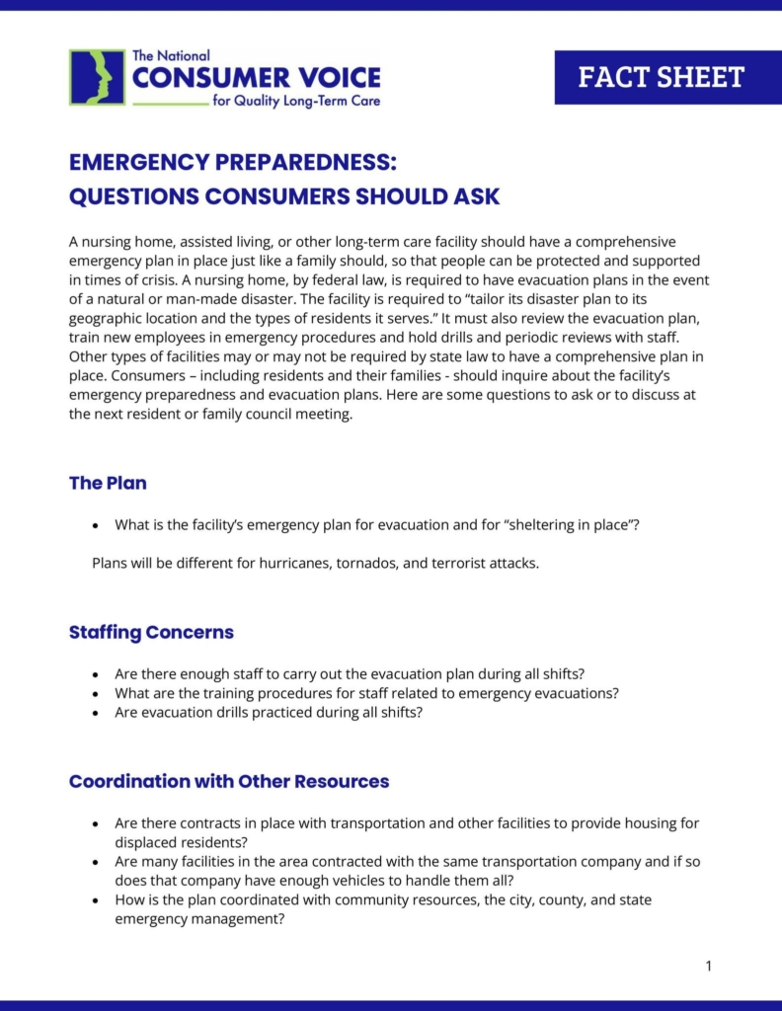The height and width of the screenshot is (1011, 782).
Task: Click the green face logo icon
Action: (x=97, y=77)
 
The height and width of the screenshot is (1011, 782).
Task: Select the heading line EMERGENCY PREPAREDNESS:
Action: (x=232, y=163)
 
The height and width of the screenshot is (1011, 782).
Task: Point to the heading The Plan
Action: (x=108, y=483)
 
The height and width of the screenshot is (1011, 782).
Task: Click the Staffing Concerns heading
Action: (x=151, y=632)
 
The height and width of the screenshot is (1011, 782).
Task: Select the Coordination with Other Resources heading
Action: (x=229, y=781)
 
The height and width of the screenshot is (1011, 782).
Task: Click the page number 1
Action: (x=708, y=966)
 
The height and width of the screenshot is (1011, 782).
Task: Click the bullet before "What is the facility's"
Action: (x=95, y=525)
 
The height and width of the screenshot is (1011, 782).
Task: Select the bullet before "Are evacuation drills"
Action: (x=95, y=712)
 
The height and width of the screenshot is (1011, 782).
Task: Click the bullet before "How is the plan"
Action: (x=95, y=900)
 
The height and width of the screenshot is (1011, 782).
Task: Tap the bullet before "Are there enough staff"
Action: (x=95, y=674)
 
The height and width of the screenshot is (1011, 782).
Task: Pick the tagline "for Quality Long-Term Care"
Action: (x=296, y=101)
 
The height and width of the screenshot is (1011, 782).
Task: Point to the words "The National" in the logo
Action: (x=170, y=56)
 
